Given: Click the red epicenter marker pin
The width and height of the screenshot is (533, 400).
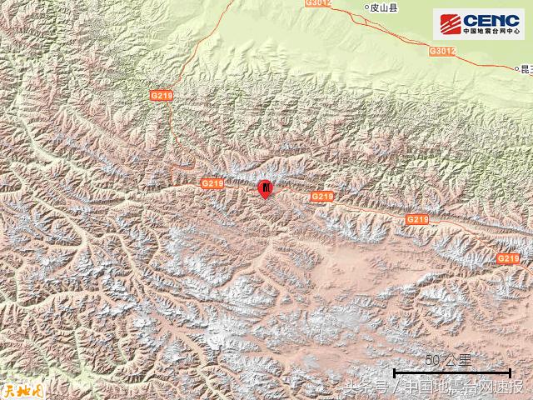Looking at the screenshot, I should pos(265,189).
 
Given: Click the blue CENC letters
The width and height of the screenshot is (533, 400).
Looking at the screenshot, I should pos(491,19).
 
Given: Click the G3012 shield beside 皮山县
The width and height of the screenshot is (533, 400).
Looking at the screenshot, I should pos(319,4).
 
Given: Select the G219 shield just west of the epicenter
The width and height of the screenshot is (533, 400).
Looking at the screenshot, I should pos(212,182).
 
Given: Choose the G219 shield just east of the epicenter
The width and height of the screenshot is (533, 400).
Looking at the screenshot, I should pos(321,196).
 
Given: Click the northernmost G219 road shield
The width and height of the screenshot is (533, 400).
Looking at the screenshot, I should pos(162,96).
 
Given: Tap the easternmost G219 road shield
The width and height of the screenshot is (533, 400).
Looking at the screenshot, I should pos(507,259).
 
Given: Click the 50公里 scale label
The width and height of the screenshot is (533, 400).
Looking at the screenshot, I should pos(449,360).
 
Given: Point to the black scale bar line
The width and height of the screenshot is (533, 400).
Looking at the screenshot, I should pos(451,372).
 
